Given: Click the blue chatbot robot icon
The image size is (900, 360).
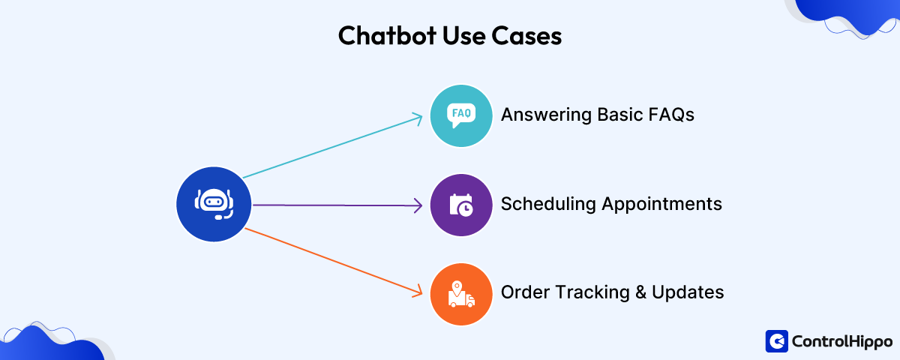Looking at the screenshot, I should [214, 204].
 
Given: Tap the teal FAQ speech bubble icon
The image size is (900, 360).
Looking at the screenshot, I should [461, 115].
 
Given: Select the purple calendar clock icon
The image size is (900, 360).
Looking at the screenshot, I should [461, 205].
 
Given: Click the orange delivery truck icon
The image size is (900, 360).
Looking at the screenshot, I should [461, 293].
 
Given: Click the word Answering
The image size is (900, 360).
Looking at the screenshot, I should [546, 115].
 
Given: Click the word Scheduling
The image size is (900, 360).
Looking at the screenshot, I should [548, 204].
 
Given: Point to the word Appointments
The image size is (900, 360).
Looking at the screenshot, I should [662, 204].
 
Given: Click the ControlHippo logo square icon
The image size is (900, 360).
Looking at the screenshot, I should [776, 341].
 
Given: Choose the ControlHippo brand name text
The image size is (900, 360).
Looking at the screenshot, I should [839, 341].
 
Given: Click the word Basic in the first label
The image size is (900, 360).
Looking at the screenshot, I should [619, 115].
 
